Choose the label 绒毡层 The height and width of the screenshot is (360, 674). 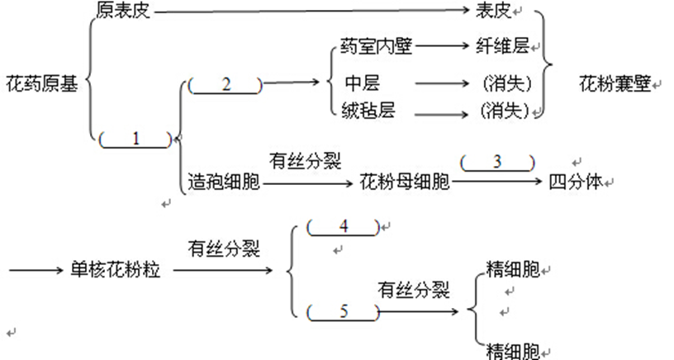[x=369, y=111]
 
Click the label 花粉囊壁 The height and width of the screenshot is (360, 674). [x=615, y=84]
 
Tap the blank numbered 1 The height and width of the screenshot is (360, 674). [x=135, y=140]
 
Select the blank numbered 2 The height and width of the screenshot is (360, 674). [x=225, y=85]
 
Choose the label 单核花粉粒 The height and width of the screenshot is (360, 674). [x=115, y=271]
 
